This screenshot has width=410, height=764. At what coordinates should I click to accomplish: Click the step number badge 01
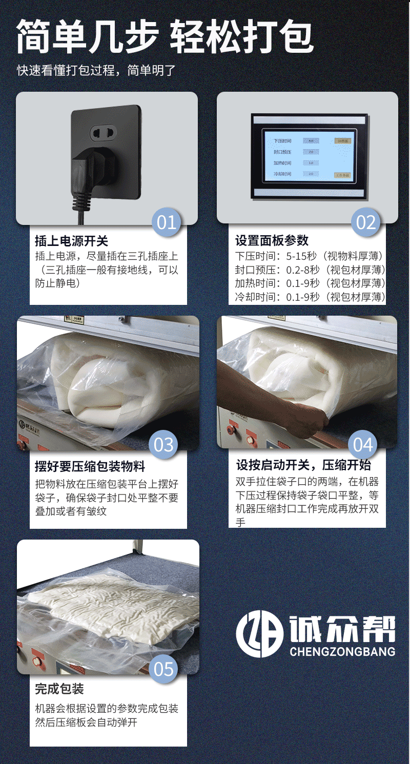coord(167,222)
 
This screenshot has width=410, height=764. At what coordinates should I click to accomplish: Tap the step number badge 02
coord(366,222)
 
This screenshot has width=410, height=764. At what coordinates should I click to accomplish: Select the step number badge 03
coord(164,444)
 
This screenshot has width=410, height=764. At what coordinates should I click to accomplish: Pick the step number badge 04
coord(363,444)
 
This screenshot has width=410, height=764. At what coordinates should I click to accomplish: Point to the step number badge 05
coord(164,669)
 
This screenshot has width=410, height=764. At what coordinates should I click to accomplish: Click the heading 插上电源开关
coord(72,241)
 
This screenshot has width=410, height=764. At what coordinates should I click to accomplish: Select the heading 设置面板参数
coord(272,241)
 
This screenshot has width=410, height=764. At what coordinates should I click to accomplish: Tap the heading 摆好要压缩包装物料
coord(90,466)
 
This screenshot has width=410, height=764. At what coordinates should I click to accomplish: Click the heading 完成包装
coord(59,689)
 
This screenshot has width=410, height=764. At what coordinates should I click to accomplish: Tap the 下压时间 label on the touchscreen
coord(282,140)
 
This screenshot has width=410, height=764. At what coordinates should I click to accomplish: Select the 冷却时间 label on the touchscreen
coord(282,174)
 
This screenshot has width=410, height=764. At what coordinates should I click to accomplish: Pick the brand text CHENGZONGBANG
coord(342,652)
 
